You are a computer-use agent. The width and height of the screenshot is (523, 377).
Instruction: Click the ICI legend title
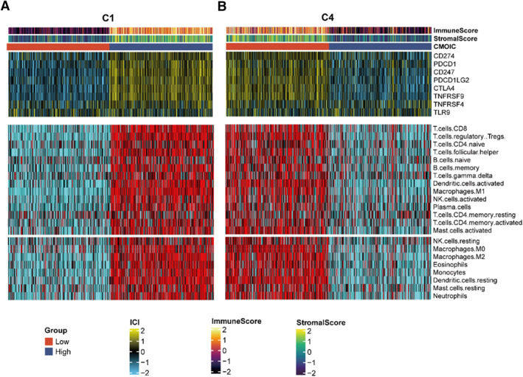134,322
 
